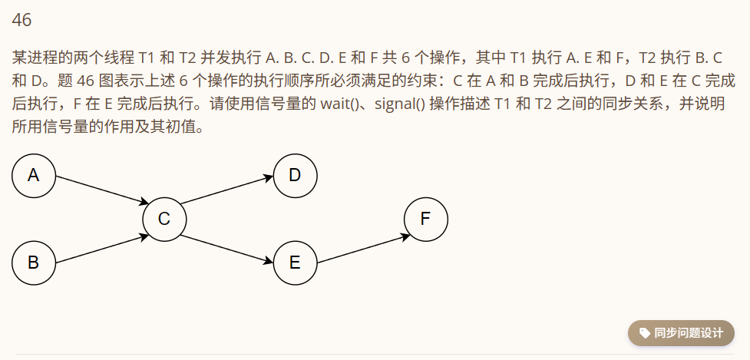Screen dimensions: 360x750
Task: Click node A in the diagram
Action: click(x=34, y=176)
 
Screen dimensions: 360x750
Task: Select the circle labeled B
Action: click(x=34, y=263)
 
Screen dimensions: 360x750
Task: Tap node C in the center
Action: click(x=164, y=220)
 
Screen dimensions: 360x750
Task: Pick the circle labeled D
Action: click(x=295, y=176)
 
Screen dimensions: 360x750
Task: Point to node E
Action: click(x=295, y=263)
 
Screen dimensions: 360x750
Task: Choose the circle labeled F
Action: click(x=425, y=220)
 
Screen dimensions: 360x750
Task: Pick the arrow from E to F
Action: click(x=361, y=249)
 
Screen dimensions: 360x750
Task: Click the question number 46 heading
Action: click(x=21, y=21)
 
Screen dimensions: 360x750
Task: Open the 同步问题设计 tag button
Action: click(x=681, y=333)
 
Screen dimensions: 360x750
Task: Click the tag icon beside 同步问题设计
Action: click(x=643, y=333)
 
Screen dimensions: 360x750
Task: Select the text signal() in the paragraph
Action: click(x=400, y=104)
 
